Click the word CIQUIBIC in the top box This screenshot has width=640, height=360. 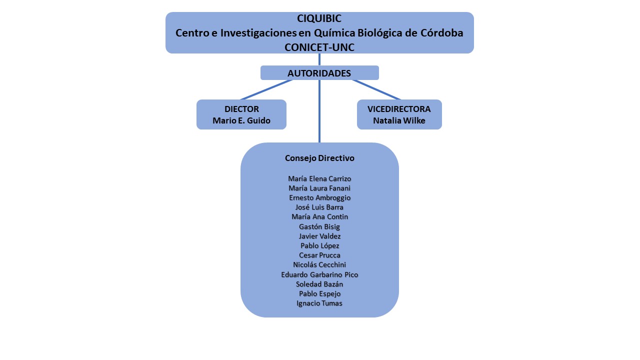click(x=319, y=18)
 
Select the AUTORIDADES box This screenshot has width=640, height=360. click(x=319, y=73)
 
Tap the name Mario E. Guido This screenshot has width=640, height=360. click(x=241, y=120)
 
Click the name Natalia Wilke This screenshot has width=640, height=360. click(x=399, y=120)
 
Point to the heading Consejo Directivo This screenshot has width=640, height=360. click(x=319, y=158)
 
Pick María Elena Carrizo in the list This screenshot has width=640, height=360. click(x=319, y=178)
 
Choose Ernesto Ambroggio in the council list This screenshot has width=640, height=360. click(x=319, y=197)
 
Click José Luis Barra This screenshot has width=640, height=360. click(x=319, y=207)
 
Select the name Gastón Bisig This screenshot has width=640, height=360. click(x=319, y=226)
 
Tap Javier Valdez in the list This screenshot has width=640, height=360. click(x=319, y=236)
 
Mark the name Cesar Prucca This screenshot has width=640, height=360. click(x=319, y=255)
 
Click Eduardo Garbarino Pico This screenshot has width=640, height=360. click(x=319, y=274)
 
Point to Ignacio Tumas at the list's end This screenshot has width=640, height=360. click(x=319, y=303)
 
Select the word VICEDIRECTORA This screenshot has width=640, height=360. click(x=399, y=109)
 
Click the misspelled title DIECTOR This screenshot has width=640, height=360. click(x=241, y=109)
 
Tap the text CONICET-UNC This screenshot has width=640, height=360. click(x=319, y=47)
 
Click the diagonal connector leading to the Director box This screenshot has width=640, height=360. click(x=266, y=89)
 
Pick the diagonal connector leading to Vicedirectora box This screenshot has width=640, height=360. click(x=376, y=89)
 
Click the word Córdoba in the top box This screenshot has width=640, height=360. click(x=441, y=33)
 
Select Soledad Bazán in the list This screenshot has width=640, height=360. click(x=319, y=284)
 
